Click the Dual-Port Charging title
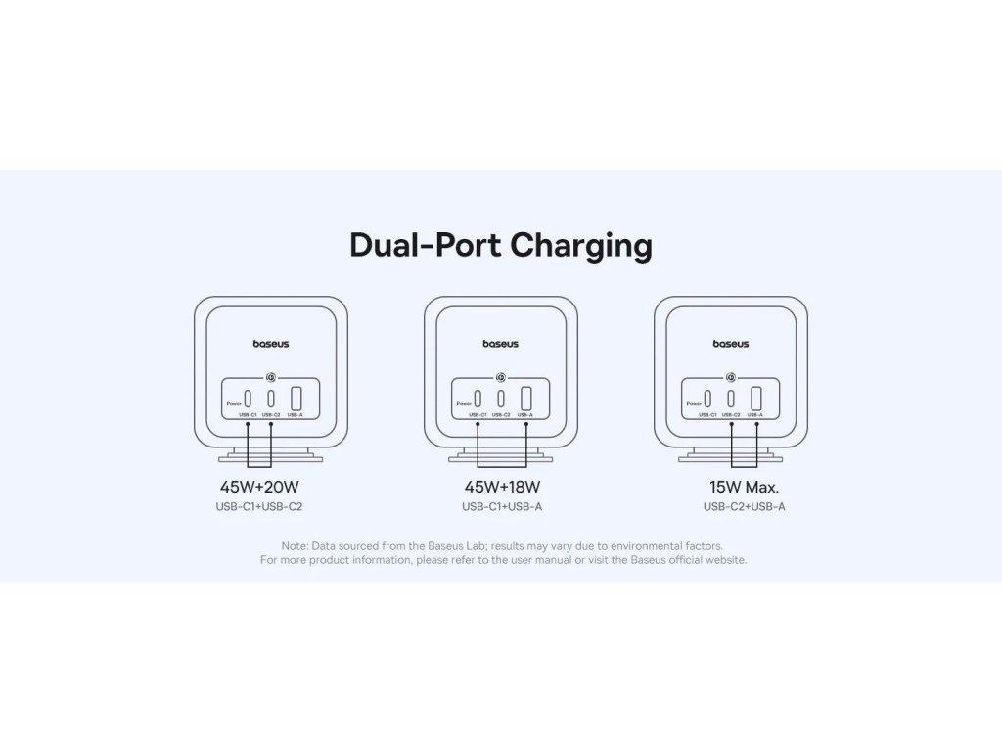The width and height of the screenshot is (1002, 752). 500,245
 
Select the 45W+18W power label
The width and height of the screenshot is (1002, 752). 501,486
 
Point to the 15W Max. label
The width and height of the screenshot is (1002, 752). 745,486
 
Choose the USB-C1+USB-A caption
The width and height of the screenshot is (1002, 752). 501,507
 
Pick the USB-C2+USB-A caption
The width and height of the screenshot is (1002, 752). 745,507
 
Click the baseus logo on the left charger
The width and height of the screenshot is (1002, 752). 271,344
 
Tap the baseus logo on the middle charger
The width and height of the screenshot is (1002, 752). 501,344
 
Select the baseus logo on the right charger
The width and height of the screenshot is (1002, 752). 731,344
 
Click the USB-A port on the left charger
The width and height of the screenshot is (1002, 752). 296,399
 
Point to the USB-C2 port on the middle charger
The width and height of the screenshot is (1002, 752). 501,399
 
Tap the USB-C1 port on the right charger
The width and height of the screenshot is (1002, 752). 707,399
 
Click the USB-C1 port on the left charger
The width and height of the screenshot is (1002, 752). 248,399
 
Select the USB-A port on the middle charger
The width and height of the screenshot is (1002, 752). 525,399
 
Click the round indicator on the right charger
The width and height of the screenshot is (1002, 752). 731,375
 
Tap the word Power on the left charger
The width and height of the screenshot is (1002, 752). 233,403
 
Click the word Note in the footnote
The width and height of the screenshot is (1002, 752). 294,545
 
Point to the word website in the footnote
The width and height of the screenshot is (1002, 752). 725,560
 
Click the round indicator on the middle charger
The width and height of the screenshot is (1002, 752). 501,375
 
